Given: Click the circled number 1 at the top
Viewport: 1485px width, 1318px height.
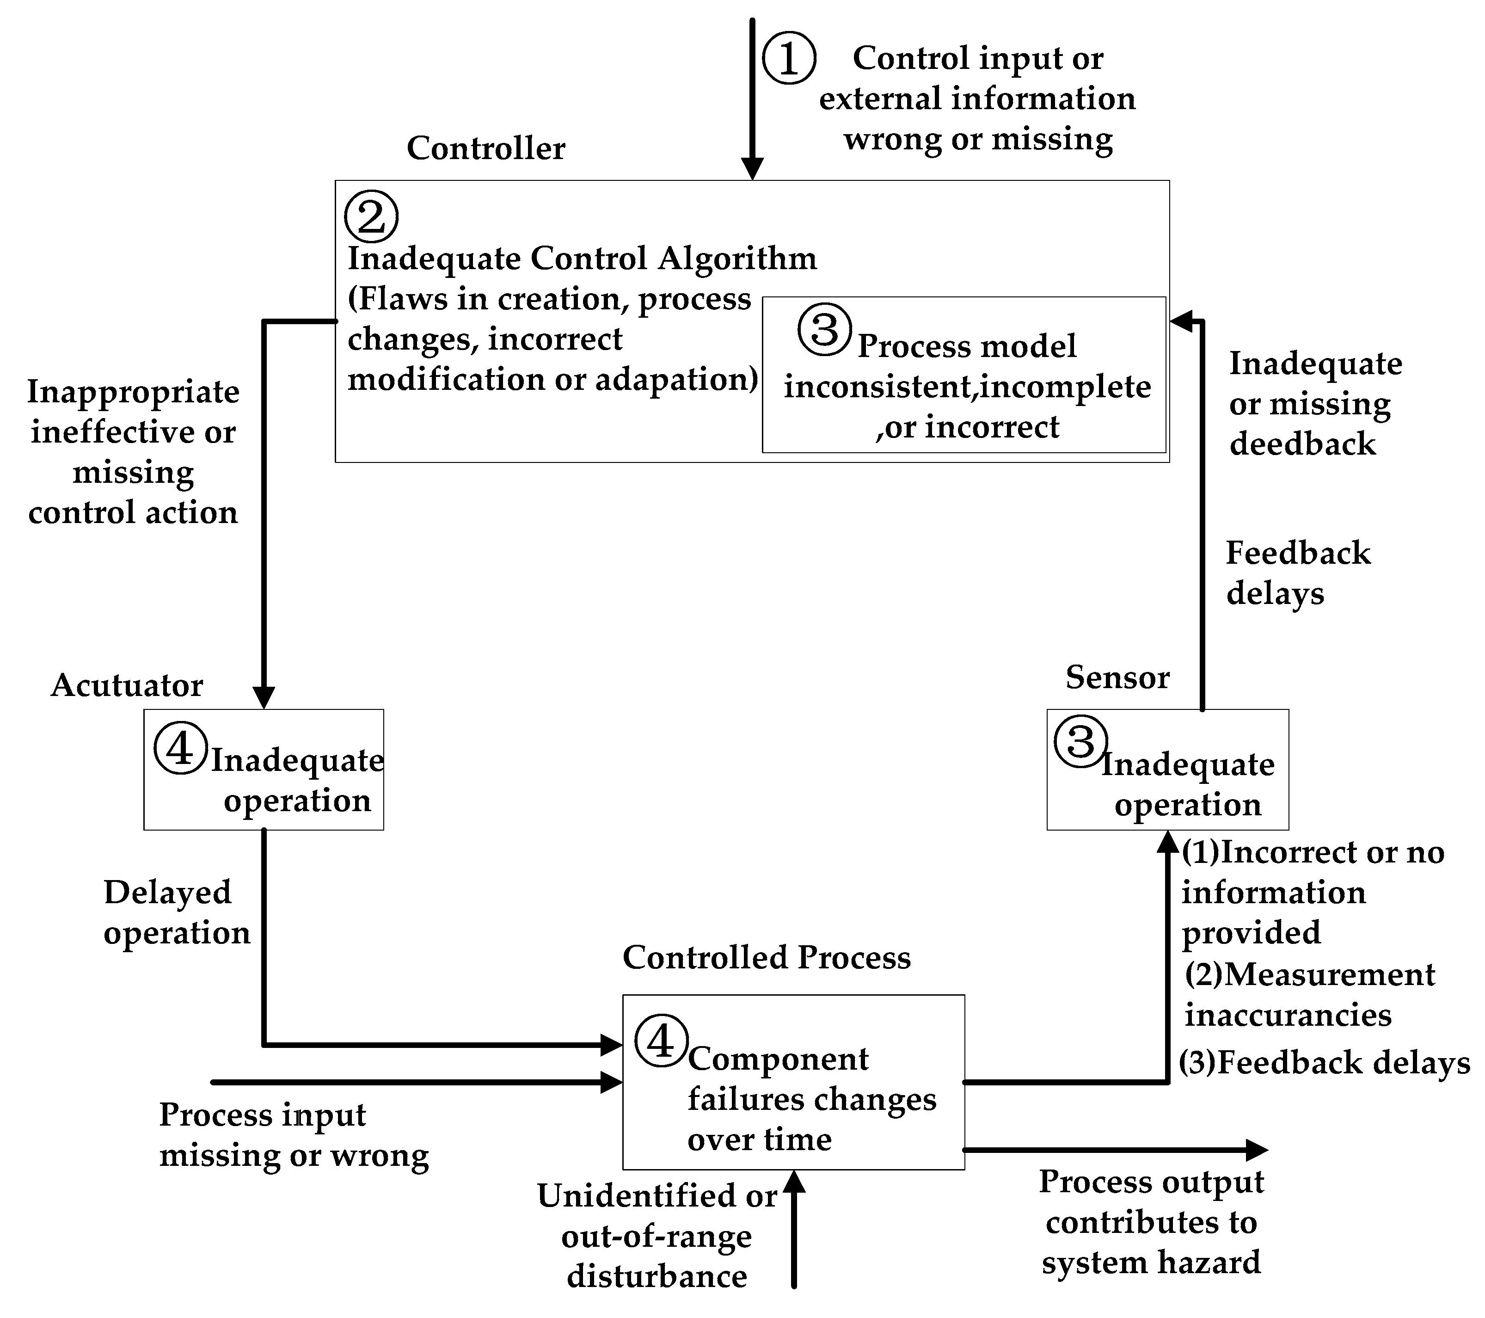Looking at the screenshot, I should (788, 57).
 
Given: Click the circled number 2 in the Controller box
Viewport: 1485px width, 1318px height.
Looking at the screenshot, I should (371, 216).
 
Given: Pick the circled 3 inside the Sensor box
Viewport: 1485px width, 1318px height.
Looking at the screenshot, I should (1080, 742).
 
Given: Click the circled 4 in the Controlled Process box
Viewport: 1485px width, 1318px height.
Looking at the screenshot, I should (660, 1042).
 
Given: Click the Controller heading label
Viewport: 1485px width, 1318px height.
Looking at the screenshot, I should (485, 148).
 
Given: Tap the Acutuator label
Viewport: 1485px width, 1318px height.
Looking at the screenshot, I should (127, 685).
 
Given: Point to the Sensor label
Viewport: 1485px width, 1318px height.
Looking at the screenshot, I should (1117, 677).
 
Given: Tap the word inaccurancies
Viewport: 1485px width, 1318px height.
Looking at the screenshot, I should (1288, 1015).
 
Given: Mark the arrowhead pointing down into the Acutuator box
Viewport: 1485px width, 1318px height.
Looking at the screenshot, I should (264, 698).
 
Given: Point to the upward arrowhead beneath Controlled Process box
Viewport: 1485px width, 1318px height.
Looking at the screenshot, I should (794, 1183).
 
